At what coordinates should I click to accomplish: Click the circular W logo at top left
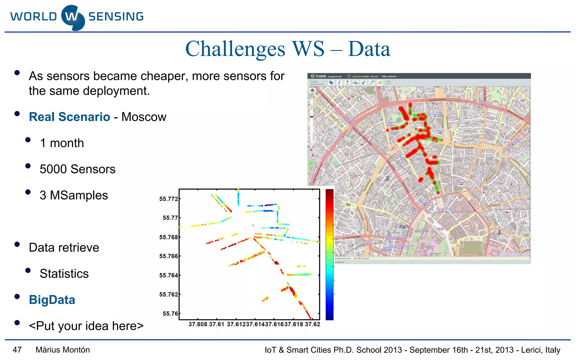click(x=73, y=17)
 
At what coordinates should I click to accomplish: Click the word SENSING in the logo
click(x=116, y=17)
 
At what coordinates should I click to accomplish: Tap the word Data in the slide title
click(x=369, y=49)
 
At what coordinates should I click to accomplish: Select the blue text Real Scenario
click(x=69, y=117)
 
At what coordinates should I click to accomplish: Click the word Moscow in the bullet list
click(x=144, y=117)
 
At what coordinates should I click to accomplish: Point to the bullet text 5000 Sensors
click(x=77, y=169)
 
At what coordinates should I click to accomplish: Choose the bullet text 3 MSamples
click(x=74, y=195)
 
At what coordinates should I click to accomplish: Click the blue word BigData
click(x=52, y=300)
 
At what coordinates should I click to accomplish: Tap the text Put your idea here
click(x=86, y=326)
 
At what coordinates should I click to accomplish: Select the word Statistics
click(x=64, y=274)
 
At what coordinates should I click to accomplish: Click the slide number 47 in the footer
click(x=17, y=350)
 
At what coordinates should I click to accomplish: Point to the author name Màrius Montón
click(x=62, y=350)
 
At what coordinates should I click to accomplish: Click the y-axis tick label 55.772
click(x=168, y=199)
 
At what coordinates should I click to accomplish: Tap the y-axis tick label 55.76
click(x=170, y=314)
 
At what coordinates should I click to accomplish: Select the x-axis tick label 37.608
click(x=198, y=324)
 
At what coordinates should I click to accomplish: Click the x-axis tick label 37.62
click(x=312, y=324)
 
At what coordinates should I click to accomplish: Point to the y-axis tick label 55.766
click(x=168, y=256)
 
